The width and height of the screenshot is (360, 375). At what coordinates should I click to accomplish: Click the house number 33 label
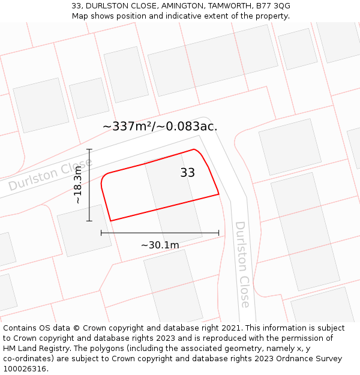click(187, 173)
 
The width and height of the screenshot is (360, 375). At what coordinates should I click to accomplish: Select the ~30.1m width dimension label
click(160, 245)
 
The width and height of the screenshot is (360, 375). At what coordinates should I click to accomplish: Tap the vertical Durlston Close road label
click(241, 264)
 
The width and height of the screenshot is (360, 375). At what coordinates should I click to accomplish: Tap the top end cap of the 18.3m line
click(89, 149)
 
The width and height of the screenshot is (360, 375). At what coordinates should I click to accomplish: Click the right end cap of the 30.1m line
click(218, 232)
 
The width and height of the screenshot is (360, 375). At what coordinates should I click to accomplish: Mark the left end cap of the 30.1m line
click(101, 232)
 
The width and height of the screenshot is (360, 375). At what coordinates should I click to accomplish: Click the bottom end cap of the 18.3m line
click(89, 221)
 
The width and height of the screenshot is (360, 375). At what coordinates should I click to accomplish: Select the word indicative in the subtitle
click(197, 16)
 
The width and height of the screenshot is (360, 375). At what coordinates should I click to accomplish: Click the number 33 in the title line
click(76, 6)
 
